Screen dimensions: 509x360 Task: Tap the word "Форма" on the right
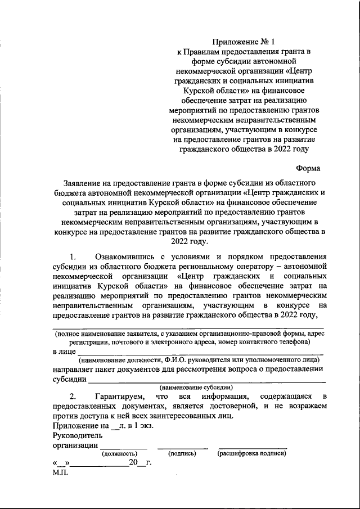pos(308,168)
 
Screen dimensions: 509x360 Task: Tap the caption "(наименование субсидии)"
pos(195,388)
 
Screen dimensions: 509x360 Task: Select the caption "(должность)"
pos(119,453)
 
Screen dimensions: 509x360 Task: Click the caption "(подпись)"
pos(182,453)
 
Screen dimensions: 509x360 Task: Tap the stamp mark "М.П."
pos(60,472)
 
